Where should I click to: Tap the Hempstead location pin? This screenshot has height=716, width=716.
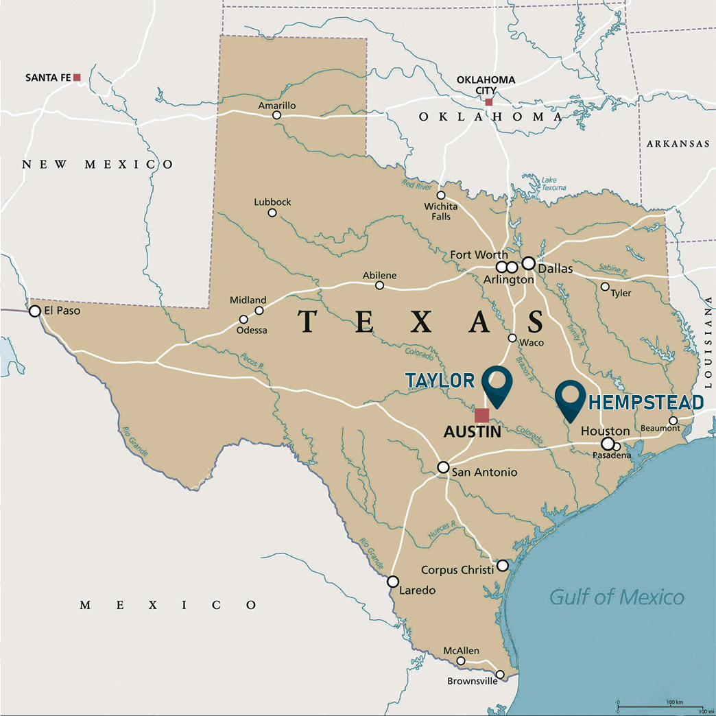point(570,397)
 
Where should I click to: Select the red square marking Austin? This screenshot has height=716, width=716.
point(482,415)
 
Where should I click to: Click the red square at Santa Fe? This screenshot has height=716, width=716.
point(77,77)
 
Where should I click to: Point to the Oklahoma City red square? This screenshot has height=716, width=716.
point(488,102)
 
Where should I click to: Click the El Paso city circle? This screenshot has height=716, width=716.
point(35,311)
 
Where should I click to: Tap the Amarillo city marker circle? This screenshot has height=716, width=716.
point(276,115)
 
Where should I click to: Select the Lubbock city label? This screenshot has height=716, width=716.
point(272,202)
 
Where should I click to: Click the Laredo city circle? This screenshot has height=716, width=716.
point(393,581)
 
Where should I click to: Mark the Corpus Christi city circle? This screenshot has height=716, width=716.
point(503,565)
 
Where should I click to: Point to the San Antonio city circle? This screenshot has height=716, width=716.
point(444,467)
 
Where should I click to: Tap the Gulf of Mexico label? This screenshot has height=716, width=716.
point(617,597)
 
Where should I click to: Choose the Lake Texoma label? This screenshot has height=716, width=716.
point(553,184)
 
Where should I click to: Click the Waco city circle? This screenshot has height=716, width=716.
point(512,338)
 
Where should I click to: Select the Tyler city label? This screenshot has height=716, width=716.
point(621,293)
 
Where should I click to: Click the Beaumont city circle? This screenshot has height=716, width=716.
point(673,420)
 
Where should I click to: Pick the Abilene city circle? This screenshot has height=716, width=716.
point(380,285)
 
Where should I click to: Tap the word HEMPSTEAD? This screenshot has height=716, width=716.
point(646,402)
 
